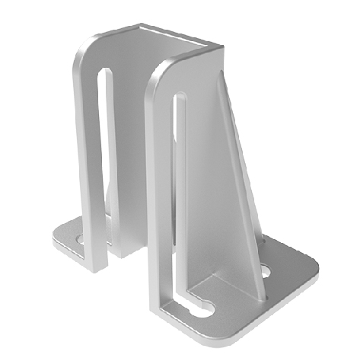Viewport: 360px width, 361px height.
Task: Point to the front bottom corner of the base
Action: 221,339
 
